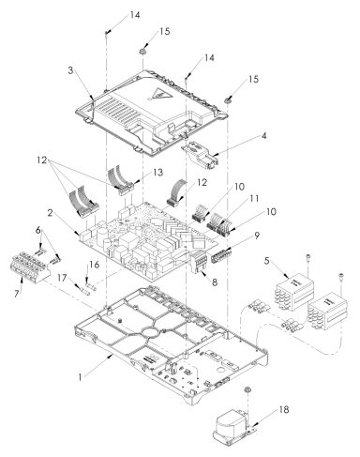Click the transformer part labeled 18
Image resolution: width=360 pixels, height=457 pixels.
point(230,423)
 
